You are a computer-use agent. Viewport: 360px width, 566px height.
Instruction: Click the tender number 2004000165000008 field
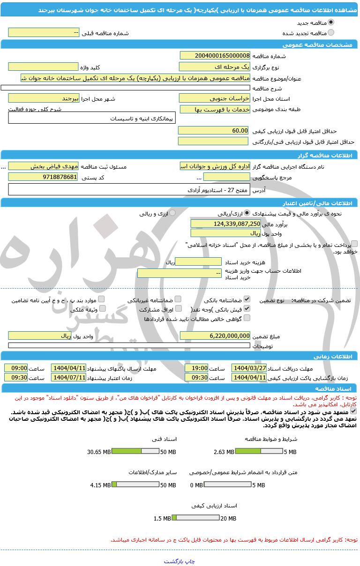pyautogui.click(x=215, y=56)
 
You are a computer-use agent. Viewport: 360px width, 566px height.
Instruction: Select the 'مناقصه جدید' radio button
pyautogui.click(x=331, y=22)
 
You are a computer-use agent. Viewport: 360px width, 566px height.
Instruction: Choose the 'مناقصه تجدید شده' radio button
pyautogui.click(x=331, y=33)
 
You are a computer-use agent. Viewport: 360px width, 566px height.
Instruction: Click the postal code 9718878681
pyautogui.click(x=43, y=177)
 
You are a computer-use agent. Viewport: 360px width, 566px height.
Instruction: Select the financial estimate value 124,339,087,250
pyautogui.click(x=225, y=223)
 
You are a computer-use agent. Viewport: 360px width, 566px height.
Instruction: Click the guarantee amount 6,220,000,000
pyautogui.click(x=215, y=335)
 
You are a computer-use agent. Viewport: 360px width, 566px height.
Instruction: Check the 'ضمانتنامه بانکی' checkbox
pyautogui.click(x=247, y=299)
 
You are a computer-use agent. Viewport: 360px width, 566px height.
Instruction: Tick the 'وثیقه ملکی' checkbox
pyautogui.click(x=102, y=309)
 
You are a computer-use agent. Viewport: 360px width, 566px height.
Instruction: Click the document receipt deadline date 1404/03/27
pyautogui.click(x=249, y=368)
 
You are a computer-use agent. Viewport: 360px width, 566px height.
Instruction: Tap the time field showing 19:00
pyautogui.click(x=196, y=368)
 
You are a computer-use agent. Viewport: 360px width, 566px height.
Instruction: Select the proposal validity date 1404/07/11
pyautogui.click(x=68, y=377)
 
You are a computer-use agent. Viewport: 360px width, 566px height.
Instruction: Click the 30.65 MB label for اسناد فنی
pyautogui.click(x=99, y=452)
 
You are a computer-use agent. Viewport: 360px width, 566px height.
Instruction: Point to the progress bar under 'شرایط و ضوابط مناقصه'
pyautogui.click(x=258, y=452)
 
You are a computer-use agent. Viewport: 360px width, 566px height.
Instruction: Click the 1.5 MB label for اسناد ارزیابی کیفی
pyautogui.click(x=162, y=518)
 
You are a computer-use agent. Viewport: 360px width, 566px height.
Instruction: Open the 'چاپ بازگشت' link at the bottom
pyautogui.click(x=179, y=561)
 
